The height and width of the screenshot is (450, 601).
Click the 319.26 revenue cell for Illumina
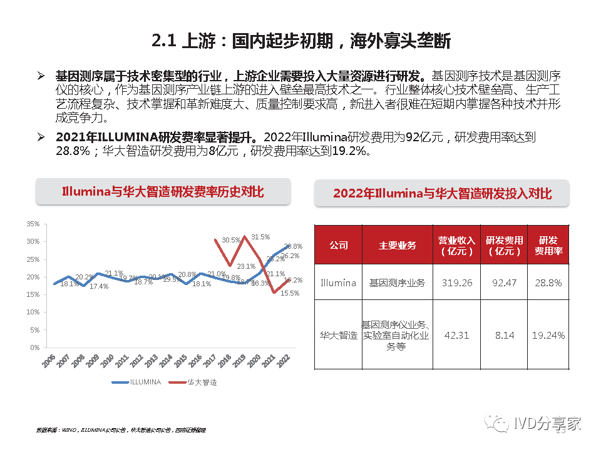(x=457, y=283)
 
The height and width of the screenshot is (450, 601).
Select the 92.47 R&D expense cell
(x=504, y=283)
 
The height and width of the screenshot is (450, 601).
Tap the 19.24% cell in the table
(x=548, y=336)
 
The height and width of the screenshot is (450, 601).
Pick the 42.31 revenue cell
(x=457, y=336)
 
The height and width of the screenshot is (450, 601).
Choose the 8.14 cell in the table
(x=504, y=336)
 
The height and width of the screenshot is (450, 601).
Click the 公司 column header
(x=338, y=246)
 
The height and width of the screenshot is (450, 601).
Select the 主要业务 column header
(x=397, y=246)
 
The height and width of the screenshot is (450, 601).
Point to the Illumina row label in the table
(x=338, y=283)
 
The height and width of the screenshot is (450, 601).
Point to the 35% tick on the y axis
(x=34, y=224)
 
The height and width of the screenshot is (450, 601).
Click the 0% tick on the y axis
(x=36, y=347)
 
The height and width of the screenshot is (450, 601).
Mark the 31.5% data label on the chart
(x=260, y=237)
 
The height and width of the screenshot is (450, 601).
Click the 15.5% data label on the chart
(x=289, y=292)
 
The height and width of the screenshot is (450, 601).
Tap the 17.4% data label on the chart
(x=99, y=286)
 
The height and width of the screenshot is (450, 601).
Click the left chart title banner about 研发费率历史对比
(x=163, y=192)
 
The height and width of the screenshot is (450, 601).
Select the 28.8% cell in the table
(x=548, y=283)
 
